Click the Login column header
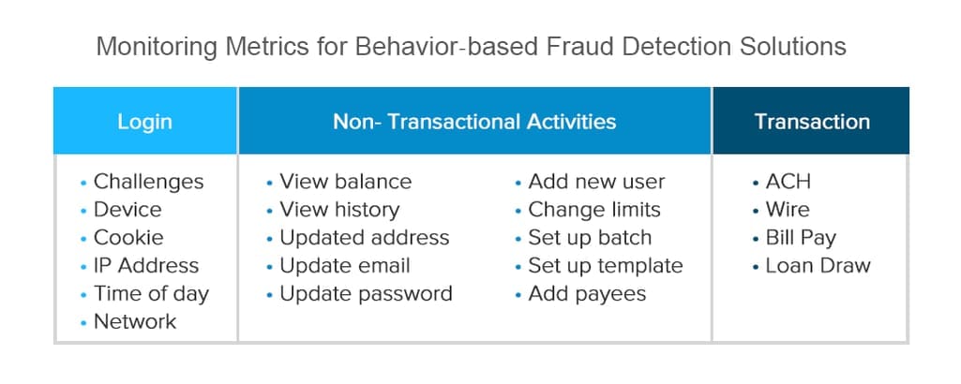144,121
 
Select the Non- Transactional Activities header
474,121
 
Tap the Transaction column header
812,121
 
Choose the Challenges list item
148,182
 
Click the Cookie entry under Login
128,238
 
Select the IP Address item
146,266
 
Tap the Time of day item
151,294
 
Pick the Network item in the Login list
135,321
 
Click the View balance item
346,182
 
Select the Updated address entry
365,238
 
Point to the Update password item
366,294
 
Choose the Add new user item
596,182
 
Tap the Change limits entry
594,210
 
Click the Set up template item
606,266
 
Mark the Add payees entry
587,294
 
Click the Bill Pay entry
801,238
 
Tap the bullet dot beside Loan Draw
756,266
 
